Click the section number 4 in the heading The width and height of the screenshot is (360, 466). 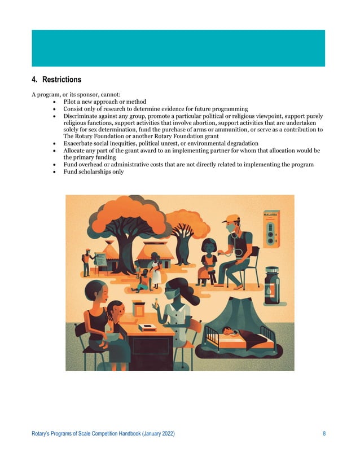(x=33, y=80)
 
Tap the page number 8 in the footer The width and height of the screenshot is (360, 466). (x=324, y=433)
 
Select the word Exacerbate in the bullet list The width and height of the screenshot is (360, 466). (x=81, y=144)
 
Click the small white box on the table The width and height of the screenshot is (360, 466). (x=147, y=327)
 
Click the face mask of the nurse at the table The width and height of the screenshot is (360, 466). (x=172, y=294)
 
